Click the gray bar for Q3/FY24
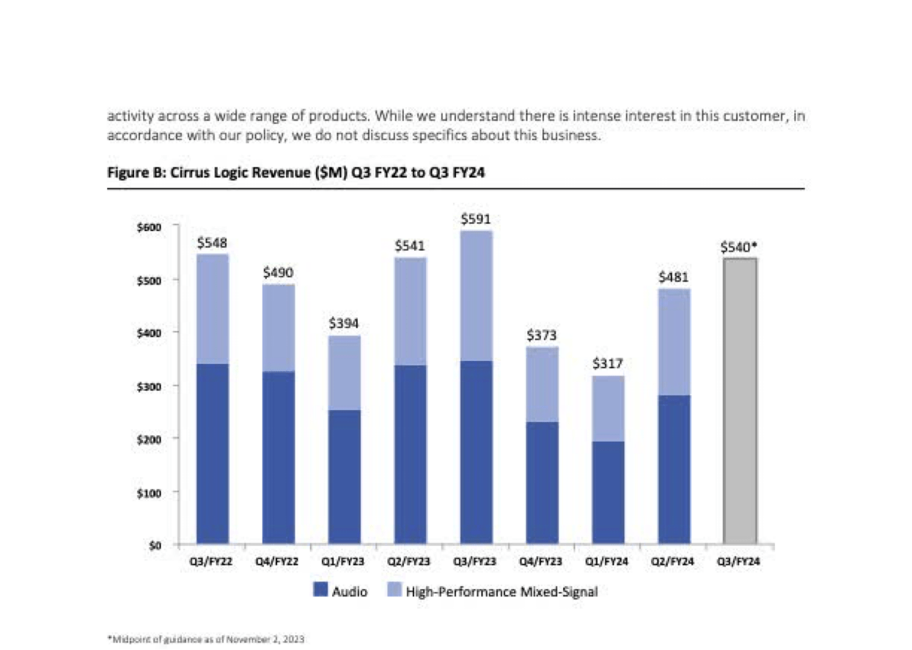(740, 400)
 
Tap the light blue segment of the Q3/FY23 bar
(477, 296)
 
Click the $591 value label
(476, 219)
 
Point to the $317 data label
(608, 364)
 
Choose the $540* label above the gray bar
(739, 247)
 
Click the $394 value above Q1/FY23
(344, 323)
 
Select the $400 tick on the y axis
(150, 332)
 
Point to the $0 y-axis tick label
(155, 545)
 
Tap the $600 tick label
(150, 227)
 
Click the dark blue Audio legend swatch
(320, 591)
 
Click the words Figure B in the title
(130, 172)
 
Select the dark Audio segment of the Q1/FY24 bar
(608, 492)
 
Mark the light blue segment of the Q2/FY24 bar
(674, 342)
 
